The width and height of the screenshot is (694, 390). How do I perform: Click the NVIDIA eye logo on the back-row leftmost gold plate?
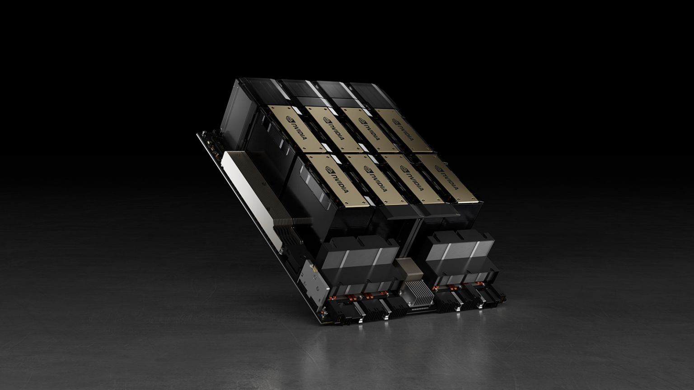[290, 119]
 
